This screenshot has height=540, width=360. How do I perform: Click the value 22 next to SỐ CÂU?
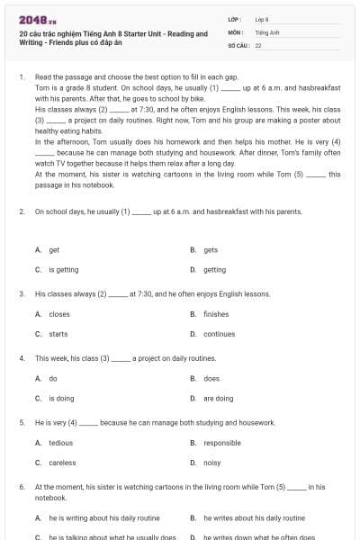pos(258,44)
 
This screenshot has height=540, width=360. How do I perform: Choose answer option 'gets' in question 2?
pos(210,250)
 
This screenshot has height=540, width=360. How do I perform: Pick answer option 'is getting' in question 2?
pos(63,269)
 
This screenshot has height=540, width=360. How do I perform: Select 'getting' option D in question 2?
pos(214,269)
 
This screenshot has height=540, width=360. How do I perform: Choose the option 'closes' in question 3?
pos(58,314)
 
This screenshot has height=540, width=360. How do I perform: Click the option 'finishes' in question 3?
pos(216,314)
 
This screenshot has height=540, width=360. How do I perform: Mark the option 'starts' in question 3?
pos(58,334)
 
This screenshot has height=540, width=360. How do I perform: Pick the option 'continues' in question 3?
pos(219,334)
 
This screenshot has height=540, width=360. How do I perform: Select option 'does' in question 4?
pos(211,379)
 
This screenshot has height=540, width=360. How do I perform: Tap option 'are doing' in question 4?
pos(218,398)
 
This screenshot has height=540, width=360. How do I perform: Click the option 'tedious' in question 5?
pos(60,443)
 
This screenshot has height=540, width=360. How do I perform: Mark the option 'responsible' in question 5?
pos(221,443)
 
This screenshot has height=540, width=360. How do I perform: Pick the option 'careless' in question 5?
pos(62,463)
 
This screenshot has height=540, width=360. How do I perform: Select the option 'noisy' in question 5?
pos(211,463)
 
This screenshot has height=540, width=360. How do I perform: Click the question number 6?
pos(21,487)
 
